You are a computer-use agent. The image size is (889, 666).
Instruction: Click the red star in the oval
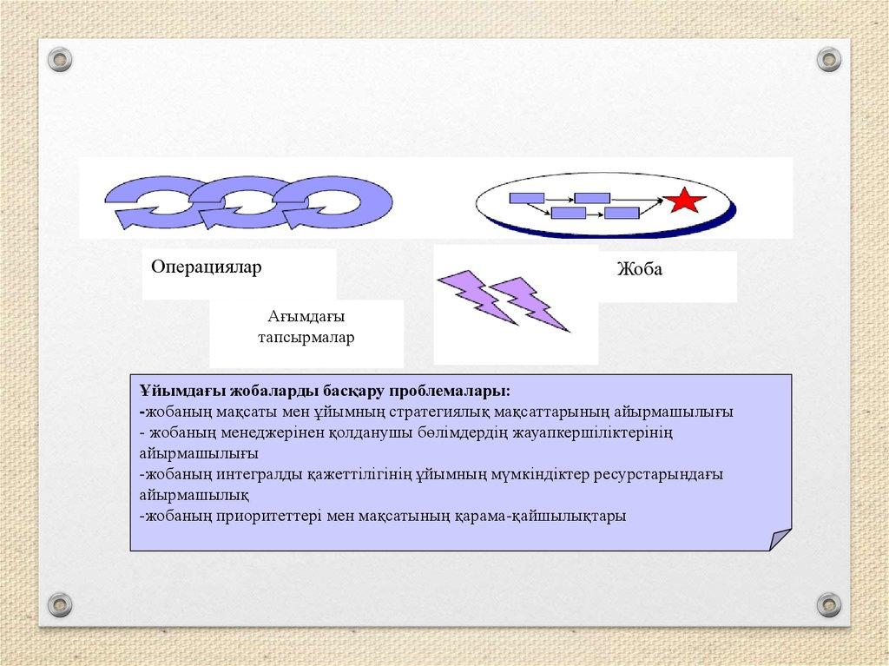[684, 200]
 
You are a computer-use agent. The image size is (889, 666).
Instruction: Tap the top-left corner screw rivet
[60, 60]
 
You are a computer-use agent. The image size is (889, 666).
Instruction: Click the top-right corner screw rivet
[828, 60]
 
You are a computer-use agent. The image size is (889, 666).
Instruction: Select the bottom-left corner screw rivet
[60, 604]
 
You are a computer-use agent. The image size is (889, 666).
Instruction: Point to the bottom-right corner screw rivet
[828, 604]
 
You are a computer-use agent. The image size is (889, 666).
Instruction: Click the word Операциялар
[207, 267]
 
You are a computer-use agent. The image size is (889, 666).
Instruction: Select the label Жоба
[640, 269]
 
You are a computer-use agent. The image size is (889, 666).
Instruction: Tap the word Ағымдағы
[306, 316]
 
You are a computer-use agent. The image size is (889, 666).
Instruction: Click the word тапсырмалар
[306, 338]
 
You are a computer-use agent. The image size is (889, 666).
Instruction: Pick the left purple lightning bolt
[477, 297]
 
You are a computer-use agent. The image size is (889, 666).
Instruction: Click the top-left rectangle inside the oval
[527, 198]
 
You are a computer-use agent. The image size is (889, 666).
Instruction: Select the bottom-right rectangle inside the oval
[622, 214]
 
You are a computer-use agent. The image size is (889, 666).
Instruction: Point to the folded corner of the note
[780, 539]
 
